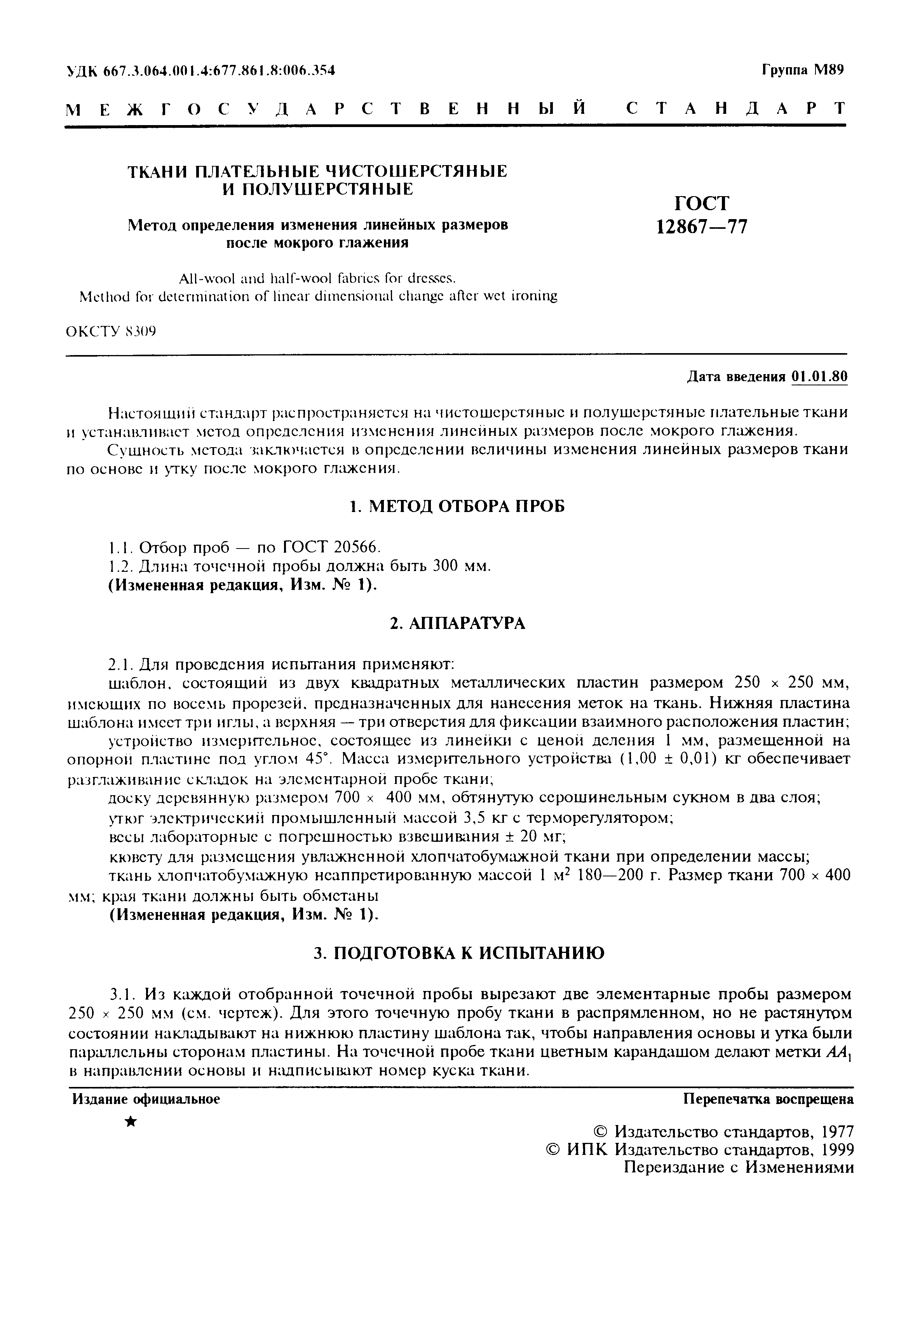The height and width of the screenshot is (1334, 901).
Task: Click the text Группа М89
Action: tap(803, 70)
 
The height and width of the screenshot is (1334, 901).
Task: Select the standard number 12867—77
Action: tap(702, 227)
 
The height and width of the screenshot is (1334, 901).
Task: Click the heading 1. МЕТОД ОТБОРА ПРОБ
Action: tap(457, 506)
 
